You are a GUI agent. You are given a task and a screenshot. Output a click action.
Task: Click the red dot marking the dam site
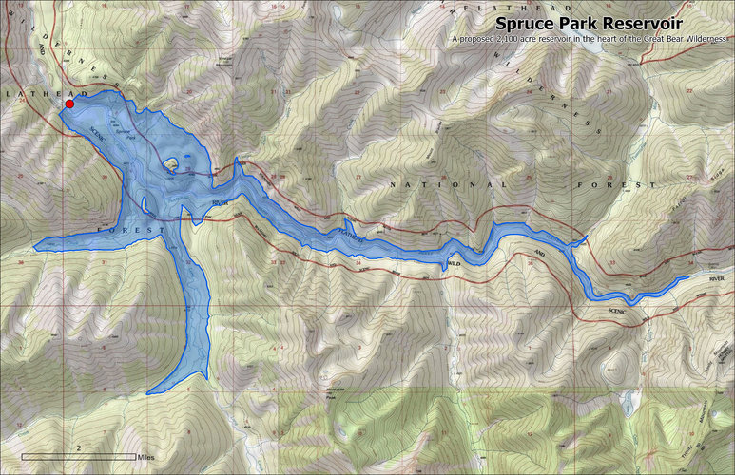(x=69, y=104)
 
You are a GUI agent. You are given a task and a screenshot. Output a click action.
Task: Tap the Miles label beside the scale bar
(x=145, y=458)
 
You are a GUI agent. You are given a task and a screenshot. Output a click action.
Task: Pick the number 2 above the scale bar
(x=78, y=446)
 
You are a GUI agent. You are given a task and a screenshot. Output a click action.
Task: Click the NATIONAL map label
(x=447, y=184)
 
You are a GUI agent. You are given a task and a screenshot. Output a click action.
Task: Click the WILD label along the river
(x=454, y=262)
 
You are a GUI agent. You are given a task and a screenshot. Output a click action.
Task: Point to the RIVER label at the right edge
(x=714, y=280)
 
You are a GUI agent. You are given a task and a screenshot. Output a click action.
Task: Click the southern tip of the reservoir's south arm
(x=149, y=391)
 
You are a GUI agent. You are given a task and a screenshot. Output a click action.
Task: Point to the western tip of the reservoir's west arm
(x=35, y=248)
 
